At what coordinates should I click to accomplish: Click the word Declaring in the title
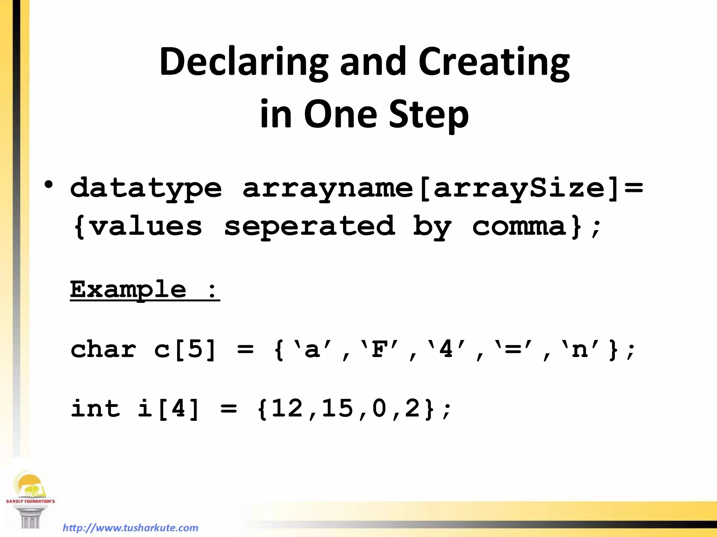pos(244,62)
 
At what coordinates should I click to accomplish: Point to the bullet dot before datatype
pos(49,185)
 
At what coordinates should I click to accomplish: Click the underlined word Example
pos(128,289)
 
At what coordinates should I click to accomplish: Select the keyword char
pos(103,349)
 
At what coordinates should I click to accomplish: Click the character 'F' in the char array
pos(380,349)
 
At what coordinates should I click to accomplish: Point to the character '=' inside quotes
pos(513,349)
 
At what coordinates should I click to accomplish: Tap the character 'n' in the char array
pos(580,349)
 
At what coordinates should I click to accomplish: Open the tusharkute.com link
pos(130,528)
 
